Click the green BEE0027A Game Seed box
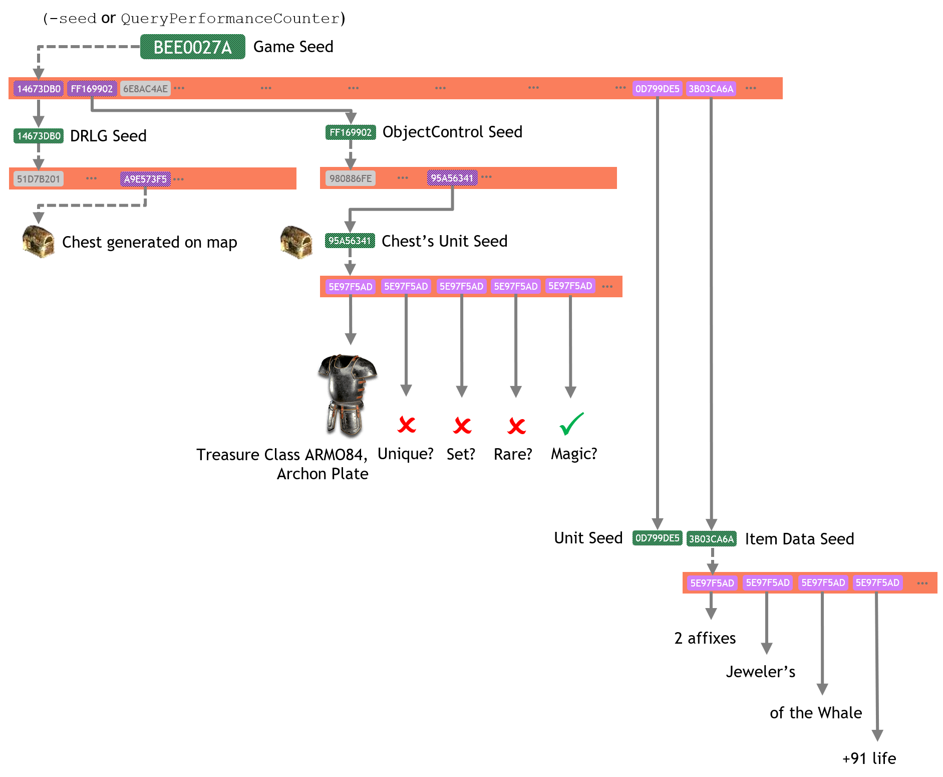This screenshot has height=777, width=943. pos(192,47)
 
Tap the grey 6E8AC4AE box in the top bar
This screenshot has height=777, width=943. pos(145,89)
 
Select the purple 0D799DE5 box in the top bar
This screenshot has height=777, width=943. pos(657,89)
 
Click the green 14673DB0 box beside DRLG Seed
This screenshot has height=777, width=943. pos(39,136)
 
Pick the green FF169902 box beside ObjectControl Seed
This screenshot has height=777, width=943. pos(351,132)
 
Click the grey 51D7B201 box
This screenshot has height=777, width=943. pos(39,179)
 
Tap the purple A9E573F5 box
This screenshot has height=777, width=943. pos(145,179)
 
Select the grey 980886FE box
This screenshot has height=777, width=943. pos(351,178)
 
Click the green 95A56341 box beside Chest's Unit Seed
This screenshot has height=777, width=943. pos(350,241)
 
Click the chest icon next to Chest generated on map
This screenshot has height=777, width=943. pos(39,242)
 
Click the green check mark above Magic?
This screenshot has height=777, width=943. pos(571,424)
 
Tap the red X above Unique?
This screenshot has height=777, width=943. pos(407,425)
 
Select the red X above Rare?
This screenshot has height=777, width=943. pos(516,426)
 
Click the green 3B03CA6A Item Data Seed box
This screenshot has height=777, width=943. pos(711,539)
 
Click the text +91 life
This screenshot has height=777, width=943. pos(869,758)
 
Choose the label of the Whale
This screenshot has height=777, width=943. pos(816,713)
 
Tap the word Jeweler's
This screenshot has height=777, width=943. pos(760,672)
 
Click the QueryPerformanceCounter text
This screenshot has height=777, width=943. pos(230,19)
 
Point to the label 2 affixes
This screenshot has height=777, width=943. pos(705,638)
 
